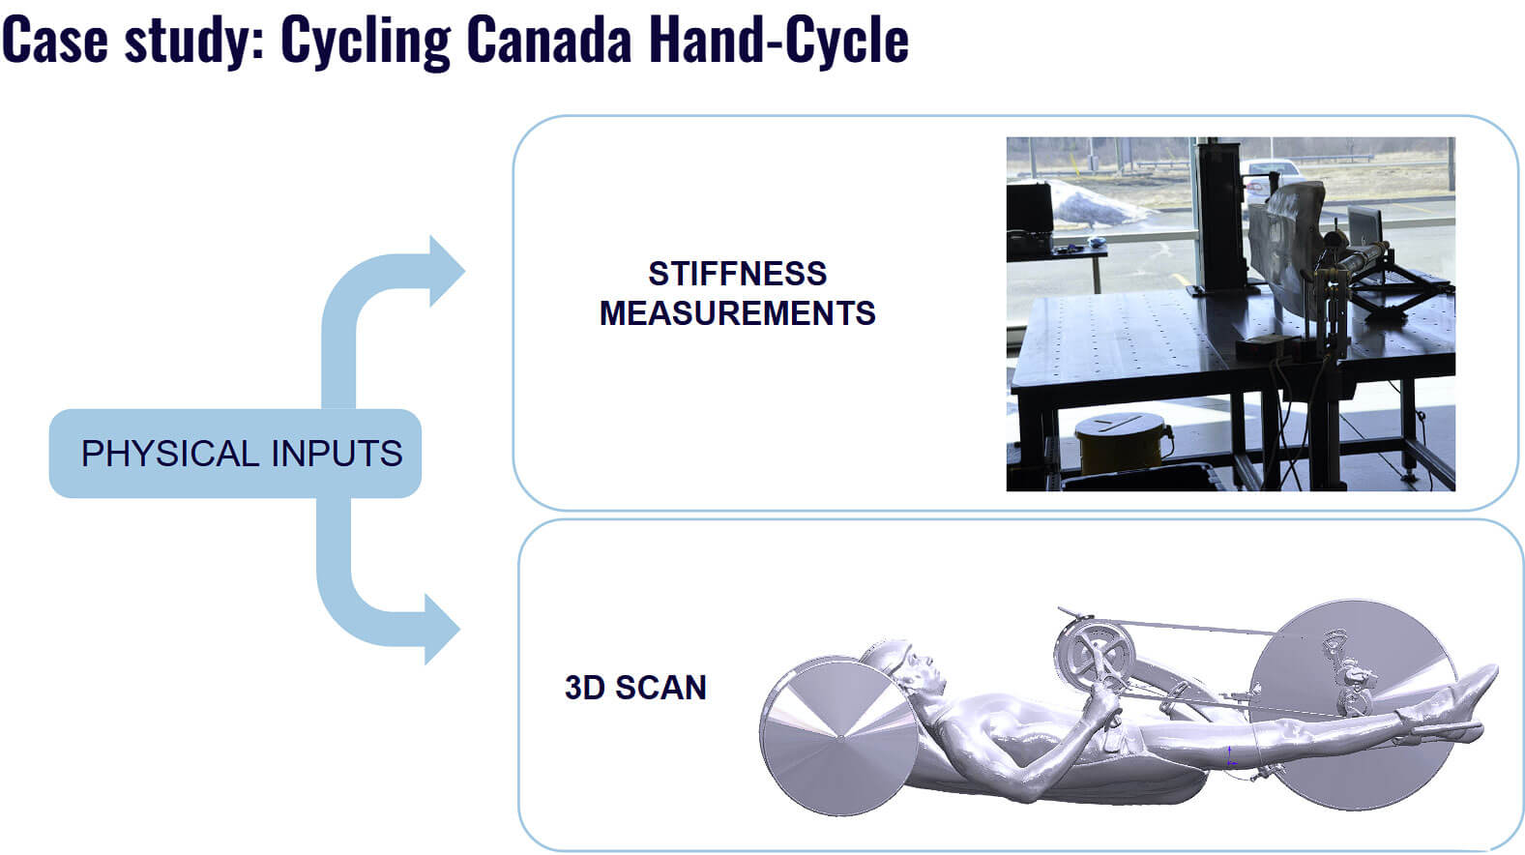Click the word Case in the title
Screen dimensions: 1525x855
click(55, 40)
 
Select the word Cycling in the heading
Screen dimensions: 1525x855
click(366, 43)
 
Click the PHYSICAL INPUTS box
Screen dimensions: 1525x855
click(235, 454)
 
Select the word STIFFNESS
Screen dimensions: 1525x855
click(737, 274)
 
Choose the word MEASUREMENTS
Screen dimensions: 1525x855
click(737, 313)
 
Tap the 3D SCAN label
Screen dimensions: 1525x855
click(635, 688)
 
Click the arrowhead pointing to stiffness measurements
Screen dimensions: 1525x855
click(446, 271)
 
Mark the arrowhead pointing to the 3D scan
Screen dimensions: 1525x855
click(442, 629)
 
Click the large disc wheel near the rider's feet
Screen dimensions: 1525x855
click(1354, 704)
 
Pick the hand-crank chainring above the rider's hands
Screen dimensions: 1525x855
click(1094, 654)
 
